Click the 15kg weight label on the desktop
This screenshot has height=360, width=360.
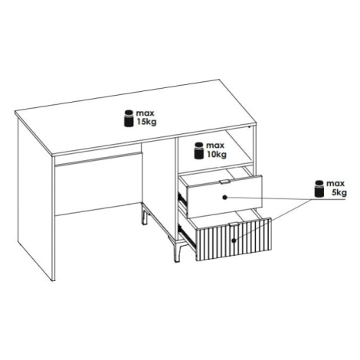pos(146,122)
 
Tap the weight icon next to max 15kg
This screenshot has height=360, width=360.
pos(129,118)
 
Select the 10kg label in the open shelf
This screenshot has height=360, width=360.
pos(217,154)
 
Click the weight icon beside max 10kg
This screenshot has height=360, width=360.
pos(198,151)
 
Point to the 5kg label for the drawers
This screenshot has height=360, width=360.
pos(339,192)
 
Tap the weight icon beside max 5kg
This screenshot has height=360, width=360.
pos(319,188)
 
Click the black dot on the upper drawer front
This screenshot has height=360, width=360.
pos(225,198)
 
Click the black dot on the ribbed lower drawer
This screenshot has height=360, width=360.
pos(234,241)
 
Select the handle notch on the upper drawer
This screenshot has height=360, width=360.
pos(224,182)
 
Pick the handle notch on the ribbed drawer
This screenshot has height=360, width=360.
pos(234,224)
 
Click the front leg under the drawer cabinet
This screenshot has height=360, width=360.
pos(177,251)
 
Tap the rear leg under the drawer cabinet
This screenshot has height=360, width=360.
pos(145,215)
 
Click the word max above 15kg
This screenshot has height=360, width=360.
pos(145,113)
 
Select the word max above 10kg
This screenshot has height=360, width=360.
pos(215,146)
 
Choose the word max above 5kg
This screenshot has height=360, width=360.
pos(335,184)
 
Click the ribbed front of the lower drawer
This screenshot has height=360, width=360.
pos(234,239)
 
